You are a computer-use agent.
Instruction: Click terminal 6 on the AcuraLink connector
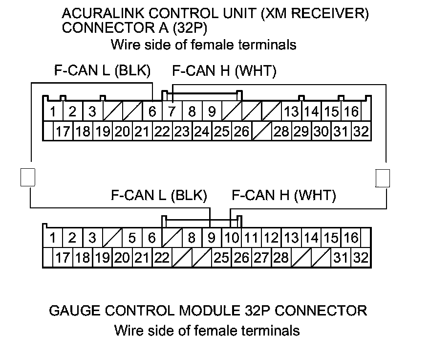[x=152, y=112]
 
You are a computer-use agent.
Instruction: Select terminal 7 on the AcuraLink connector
[x=172, y=112]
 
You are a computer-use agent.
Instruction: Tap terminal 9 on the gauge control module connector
[x=211, y=238]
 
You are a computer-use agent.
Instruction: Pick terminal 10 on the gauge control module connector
[x=231, y=238]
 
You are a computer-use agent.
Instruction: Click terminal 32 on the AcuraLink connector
[x=361, y=131]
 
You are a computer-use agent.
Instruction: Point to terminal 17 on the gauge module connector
[x=62, y=257]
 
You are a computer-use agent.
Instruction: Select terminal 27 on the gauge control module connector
[x=261, y=257]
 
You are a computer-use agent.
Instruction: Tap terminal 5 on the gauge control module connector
[x=132, y=238]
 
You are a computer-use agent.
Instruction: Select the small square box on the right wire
[x=383, y=178]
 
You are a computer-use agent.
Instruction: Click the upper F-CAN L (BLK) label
[x=102, y=71]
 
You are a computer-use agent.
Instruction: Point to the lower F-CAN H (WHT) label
[x=284, y=196]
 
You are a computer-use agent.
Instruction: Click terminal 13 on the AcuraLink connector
[x=291, y=112]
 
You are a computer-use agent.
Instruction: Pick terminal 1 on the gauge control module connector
[x=52, y=238]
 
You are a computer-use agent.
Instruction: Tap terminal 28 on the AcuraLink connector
[x=281, y=131]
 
